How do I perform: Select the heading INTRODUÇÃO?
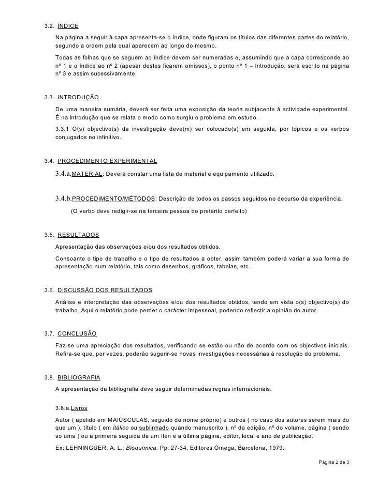tap(78, 97)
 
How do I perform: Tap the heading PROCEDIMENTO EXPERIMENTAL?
tap(107, 161)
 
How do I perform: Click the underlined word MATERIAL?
tap(87, 175)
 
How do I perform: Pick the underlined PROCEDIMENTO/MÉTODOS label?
tap(113, 199)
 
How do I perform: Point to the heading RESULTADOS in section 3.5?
tap(78, 235)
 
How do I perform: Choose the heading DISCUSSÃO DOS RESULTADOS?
tap(105, 290)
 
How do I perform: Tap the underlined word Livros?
tap(79, 407)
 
